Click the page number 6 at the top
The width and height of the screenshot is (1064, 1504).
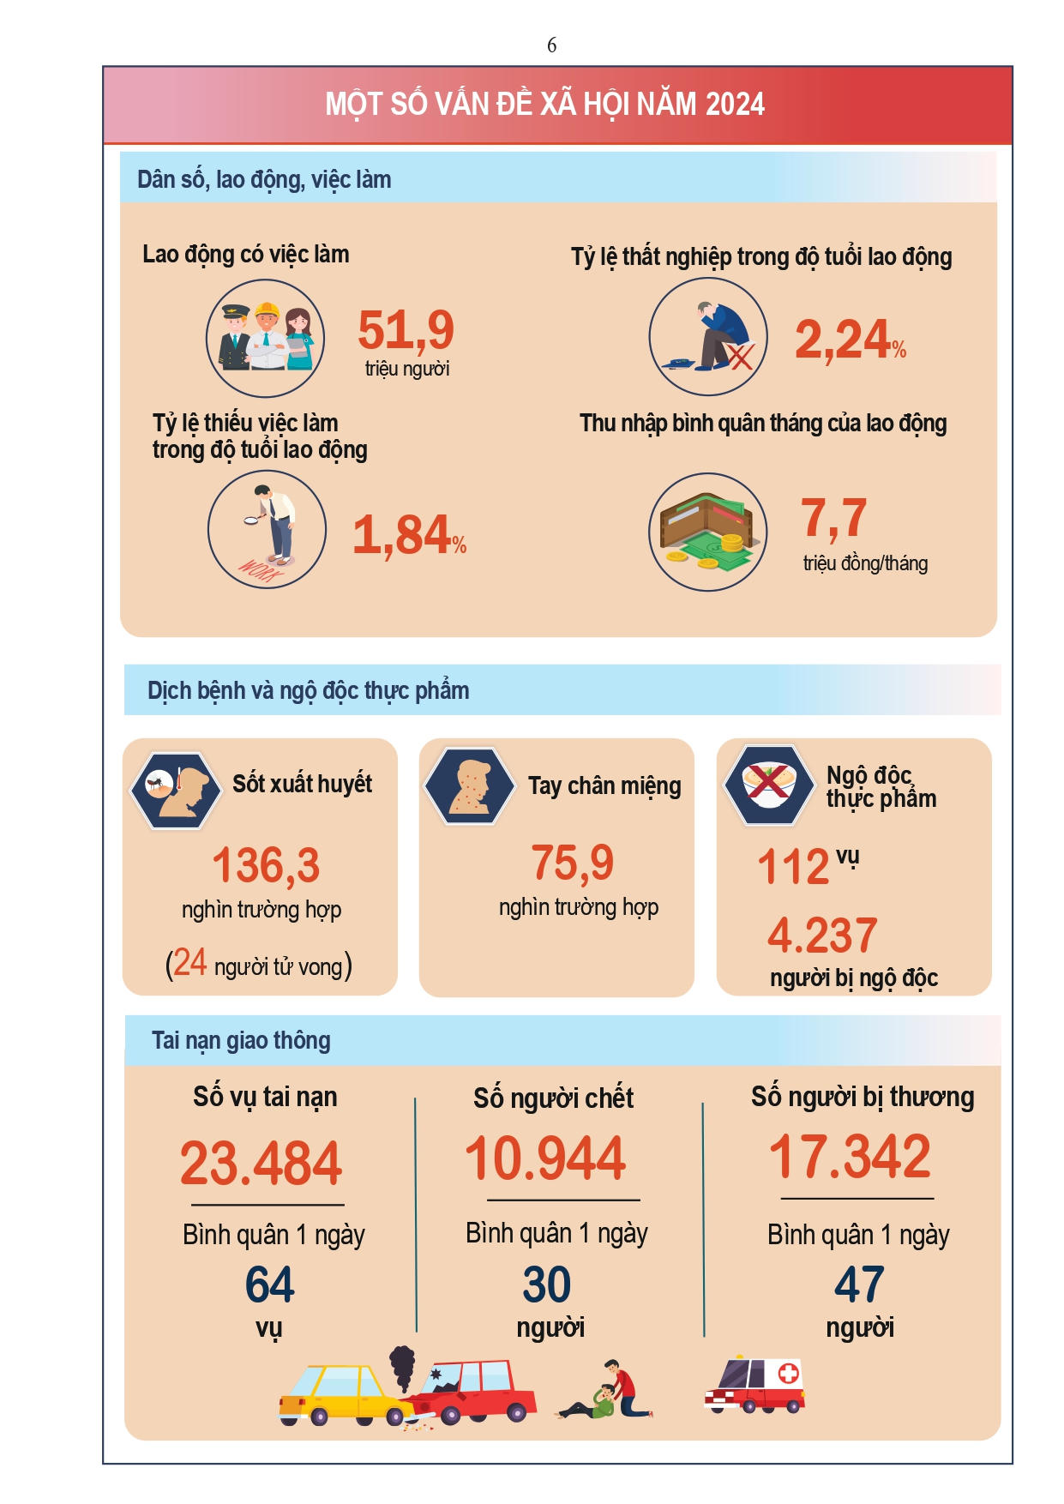coord(551,45)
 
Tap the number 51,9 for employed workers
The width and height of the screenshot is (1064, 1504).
coord(406,331)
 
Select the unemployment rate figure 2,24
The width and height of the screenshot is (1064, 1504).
coord(842,340)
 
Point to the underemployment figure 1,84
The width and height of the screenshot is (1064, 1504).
coord(401,535)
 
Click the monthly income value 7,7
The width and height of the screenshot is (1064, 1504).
coord(833,518)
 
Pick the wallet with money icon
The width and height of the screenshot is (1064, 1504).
coord(707,532)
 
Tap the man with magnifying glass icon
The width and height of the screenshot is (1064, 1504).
coord(268,530)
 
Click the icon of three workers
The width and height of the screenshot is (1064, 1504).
coord(266,338)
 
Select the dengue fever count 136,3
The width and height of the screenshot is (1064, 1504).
coord(266,865)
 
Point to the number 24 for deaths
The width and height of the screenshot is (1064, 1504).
coord(189,963)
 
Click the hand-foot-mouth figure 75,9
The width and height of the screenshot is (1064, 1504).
coord(572,863)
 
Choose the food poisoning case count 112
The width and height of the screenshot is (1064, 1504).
coord(793,867)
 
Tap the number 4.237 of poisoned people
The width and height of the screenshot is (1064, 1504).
coord(822,935)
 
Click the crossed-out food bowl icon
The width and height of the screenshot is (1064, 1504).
coord(768,785)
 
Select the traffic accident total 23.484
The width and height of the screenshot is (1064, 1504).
coord(261,1164)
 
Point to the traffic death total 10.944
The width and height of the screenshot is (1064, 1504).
coord(545,1158)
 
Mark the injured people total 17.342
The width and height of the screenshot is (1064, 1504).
coord(850,1157)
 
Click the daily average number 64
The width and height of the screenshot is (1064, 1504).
coord(269,1284)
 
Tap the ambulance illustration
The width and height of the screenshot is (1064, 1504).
coord(754,1384)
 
